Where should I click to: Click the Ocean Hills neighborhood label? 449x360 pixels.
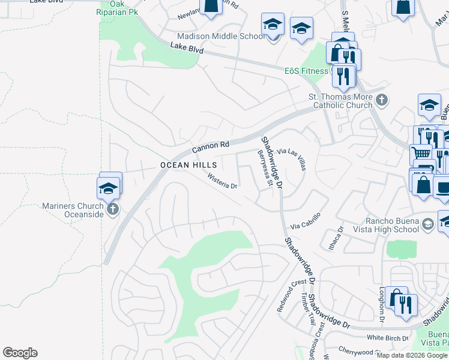coord(188,165)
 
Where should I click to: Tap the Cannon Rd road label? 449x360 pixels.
coord(211,146)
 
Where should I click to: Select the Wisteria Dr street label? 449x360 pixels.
coord(223,181)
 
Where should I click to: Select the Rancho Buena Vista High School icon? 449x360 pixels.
coord(427,224)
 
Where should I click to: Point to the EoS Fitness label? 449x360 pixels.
coord(306,71)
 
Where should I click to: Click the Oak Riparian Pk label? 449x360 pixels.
coord(121,7)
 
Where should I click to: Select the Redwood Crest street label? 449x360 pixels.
coord(290,290)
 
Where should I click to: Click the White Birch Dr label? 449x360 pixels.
coord(387,338)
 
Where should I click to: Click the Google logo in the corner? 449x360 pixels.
coord(20,353)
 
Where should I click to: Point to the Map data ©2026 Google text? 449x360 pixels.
coord(412,355)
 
